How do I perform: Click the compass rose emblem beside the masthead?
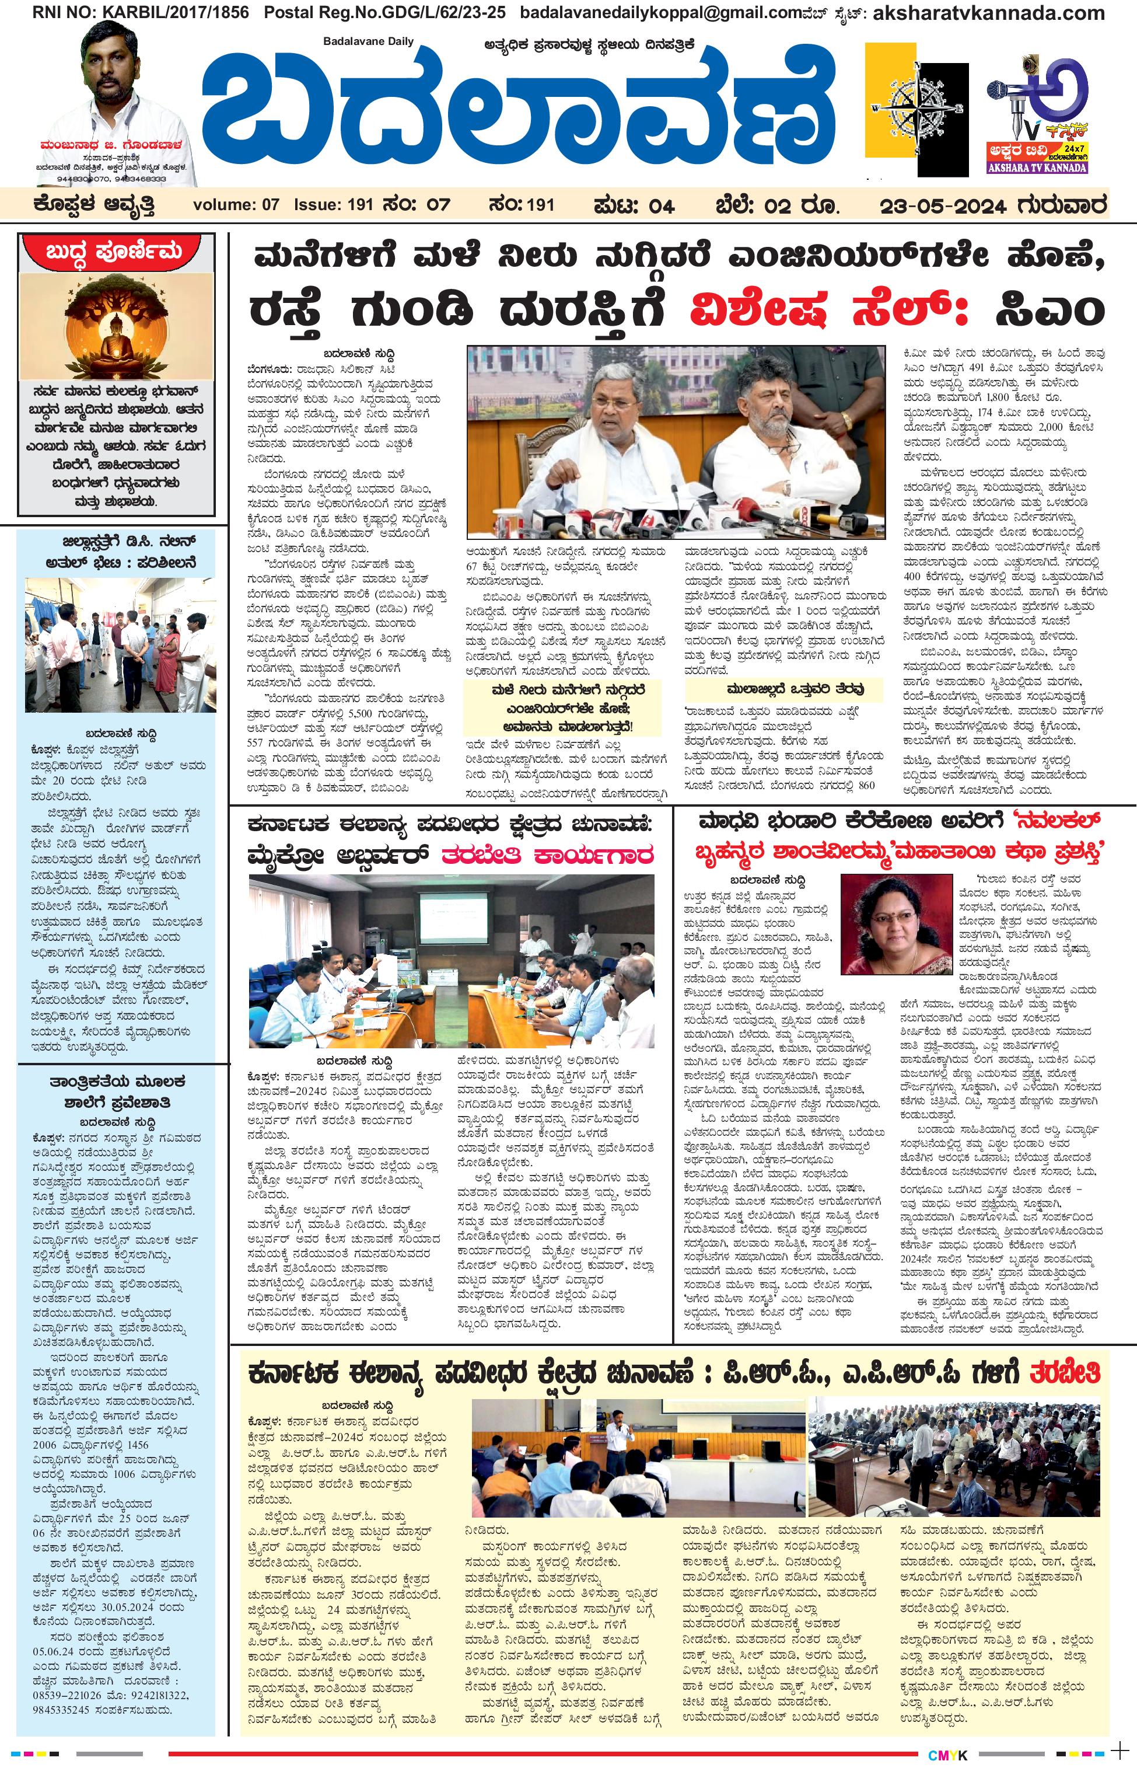915,111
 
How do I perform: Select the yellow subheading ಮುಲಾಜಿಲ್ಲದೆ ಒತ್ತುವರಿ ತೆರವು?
784,689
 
